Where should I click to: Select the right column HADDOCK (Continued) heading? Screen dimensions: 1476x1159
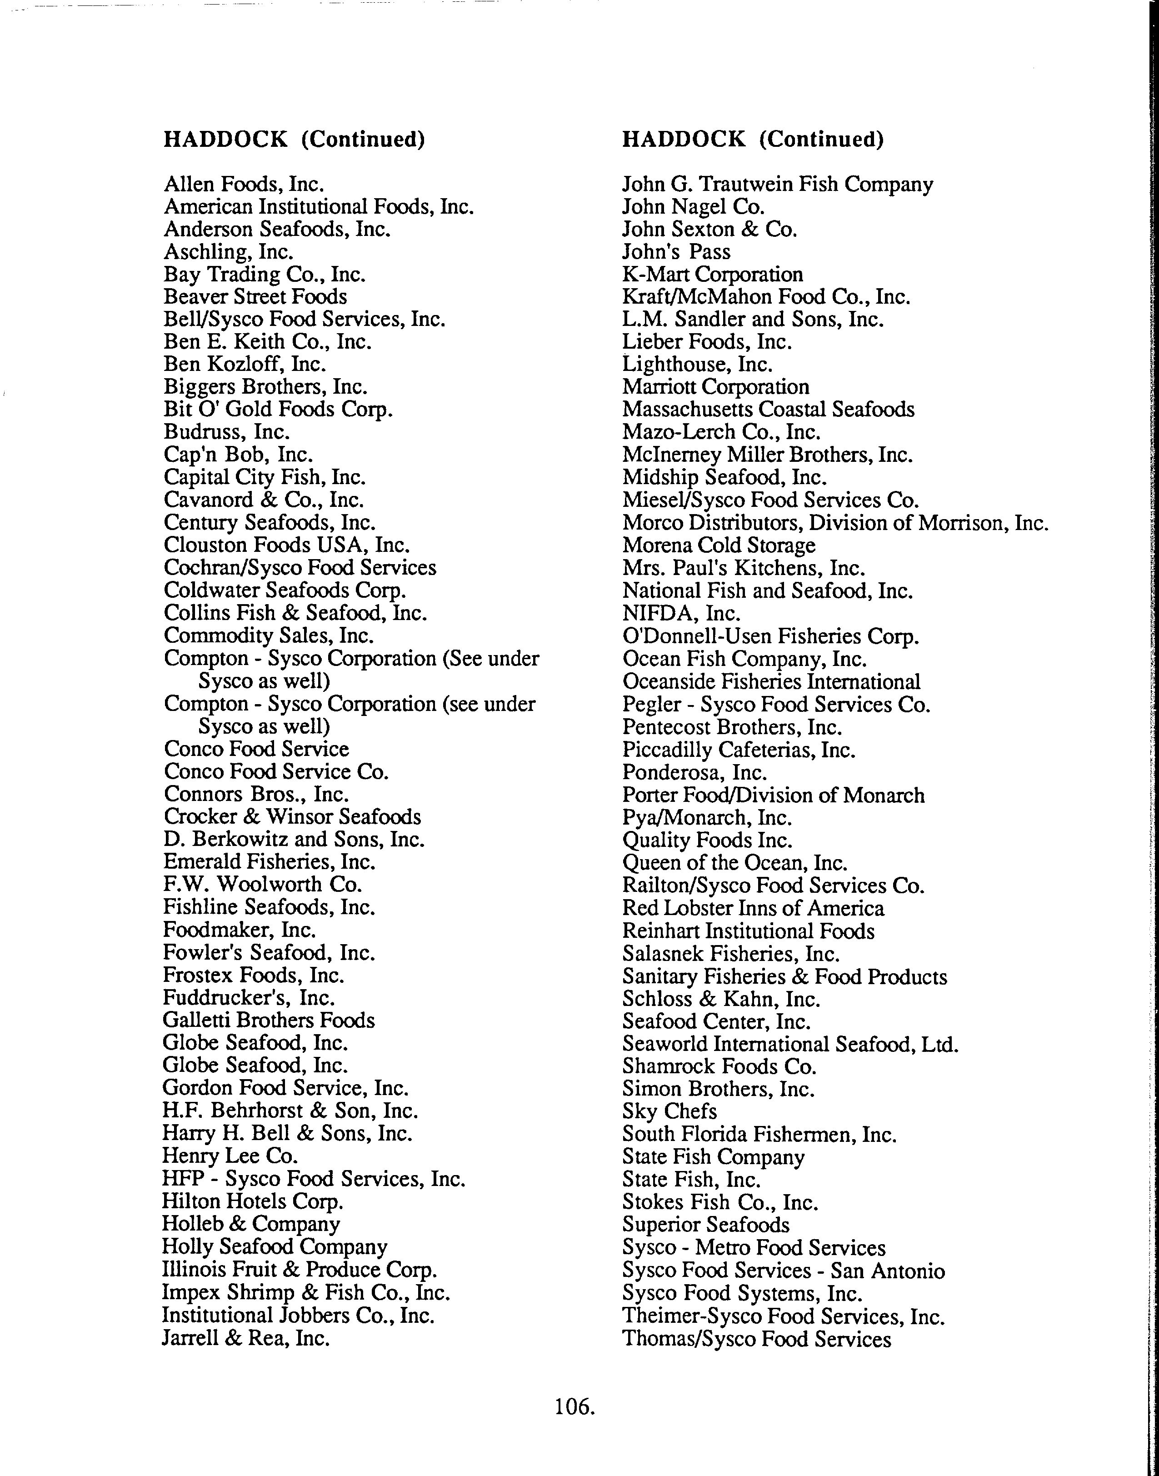coord(753,139)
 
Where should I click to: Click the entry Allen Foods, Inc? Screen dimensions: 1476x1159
coord(244,184)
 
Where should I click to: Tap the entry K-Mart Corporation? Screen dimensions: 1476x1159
coord(713,274)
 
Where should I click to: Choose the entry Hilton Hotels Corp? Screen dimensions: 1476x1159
coord(252,1201)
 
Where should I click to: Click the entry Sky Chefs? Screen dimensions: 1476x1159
coord(669,1111)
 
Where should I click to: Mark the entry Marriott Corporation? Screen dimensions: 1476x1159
coord(715,387)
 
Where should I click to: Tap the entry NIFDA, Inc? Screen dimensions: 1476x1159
coord(680,614)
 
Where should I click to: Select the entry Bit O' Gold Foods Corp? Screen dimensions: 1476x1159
coord(278,409)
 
